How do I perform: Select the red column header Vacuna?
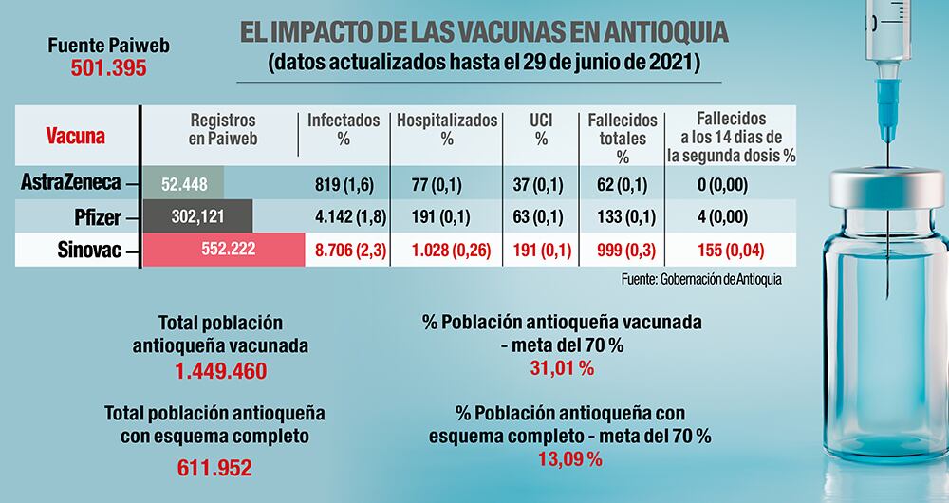(x=76, y=136)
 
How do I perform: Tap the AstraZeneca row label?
(x=71, y=183)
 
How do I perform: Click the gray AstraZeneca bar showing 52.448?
(x=180, y=183)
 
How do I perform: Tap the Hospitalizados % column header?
(x=447, y=129)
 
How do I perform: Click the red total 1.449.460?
(x=221, y=371)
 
